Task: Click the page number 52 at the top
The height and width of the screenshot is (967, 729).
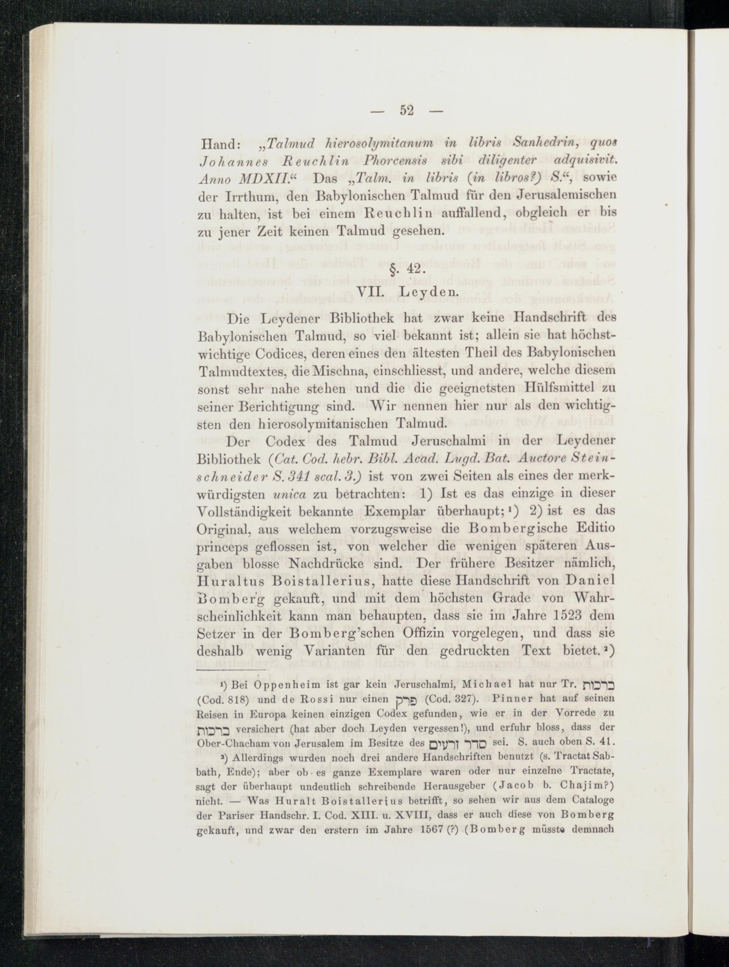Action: coord(406,112)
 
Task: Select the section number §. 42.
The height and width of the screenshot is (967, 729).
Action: coord(406,269)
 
